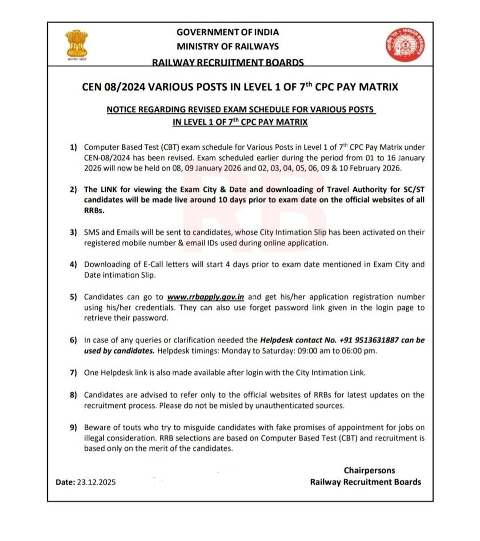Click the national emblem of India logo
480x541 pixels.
(76, 44)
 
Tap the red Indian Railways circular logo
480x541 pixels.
(404, 45)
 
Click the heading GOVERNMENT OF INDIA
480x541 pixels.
(228, 32)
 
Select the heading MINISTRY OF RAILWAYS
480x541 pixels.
(228, 46)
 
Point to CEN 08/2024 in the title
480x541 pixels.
(113, 87)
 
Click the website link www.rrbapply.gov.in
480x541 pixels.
(205, 297)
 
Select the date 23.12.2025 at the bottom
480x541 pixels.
(96, 482)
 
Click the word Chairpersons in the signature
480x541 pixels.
(369, 470)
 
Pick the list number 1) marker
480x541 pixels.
(73, 147)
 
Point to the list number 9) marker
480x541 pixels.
(73, 427)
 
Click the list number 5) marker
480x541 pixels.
(73, 297)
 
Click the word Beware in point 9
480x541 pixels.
(96, 427)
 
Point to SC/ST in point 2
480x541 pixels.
(412, 190)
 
